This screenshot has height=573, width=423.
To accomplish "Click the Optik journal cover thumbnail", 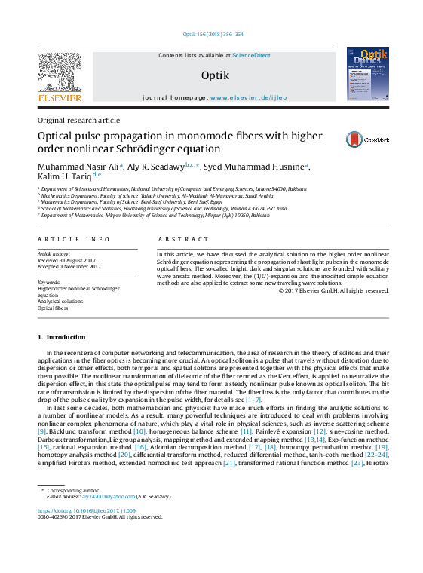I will click(367, 74).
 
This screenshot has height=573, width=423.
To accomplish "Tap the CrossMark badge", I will click(367, 139).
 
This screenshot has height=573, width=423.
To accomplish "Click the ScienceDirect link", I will click(251, 56).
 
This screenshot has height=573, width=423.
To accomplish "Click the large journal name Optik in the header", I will click(210, 75).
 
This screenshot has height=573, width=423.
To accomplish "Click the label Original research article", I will click(78, 121).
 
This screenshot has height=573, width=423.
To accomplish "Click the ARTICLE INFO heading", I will click(74, 239).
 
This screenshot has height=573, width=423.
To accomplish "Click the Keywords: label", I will click(49, 282).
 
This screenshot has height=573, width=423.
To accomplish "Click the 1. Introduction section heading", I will click(62, 337).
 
